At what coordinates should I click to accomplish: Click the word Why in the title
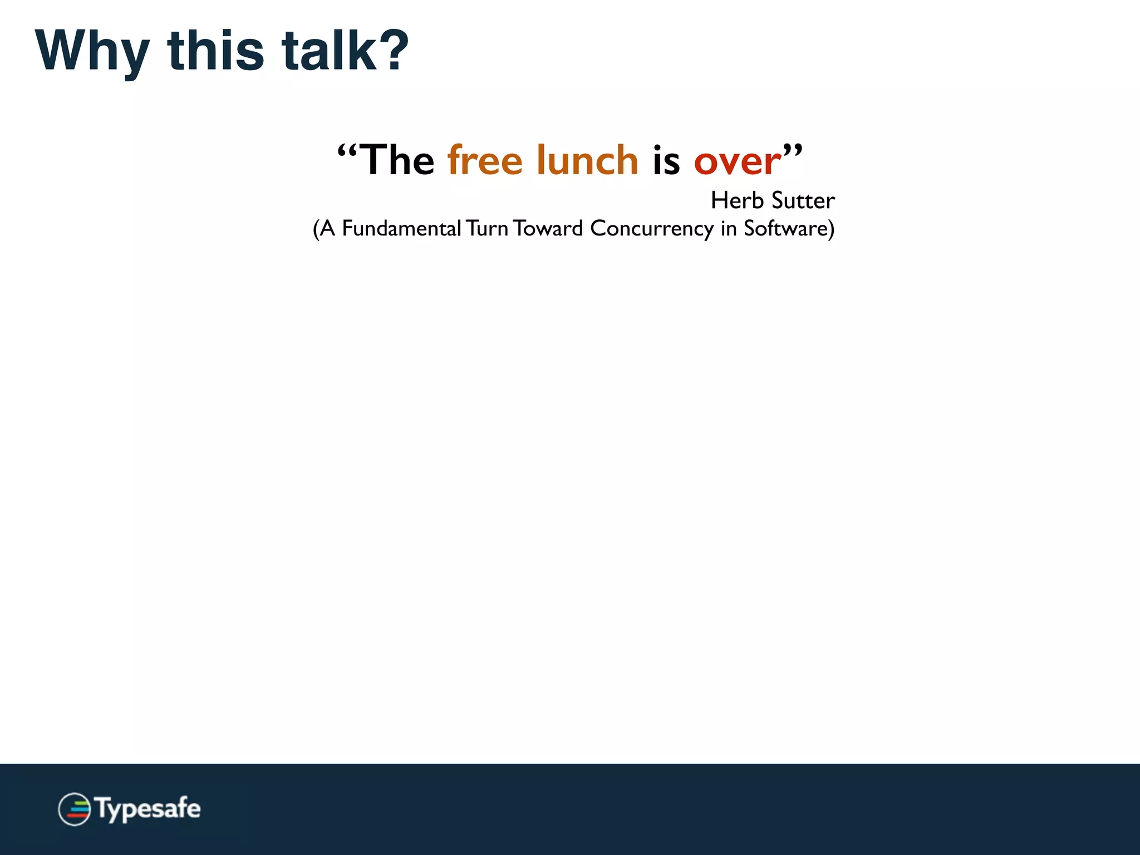92,51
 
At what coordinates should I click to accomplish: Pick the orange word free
485,160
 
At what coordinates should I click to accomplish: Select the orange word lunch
587,160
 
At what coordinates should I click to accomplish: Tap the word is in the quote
666,160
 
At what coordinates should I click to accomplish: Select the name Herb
737,200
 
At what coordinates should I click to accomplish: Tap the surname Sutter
803,200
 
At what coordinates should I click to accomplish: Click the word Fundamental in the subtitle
401,228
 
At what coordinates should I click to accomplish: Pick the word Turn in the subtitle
487,228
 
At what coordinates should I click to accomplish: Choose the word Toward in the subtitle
548,228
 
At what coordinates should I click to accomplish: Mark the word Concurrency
651,229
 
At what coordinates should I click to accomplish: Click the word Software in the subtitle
785,228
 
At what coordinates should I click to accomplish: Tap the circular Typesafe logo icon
74,809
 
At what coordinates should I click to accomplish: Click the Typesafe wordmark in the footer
148,809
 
